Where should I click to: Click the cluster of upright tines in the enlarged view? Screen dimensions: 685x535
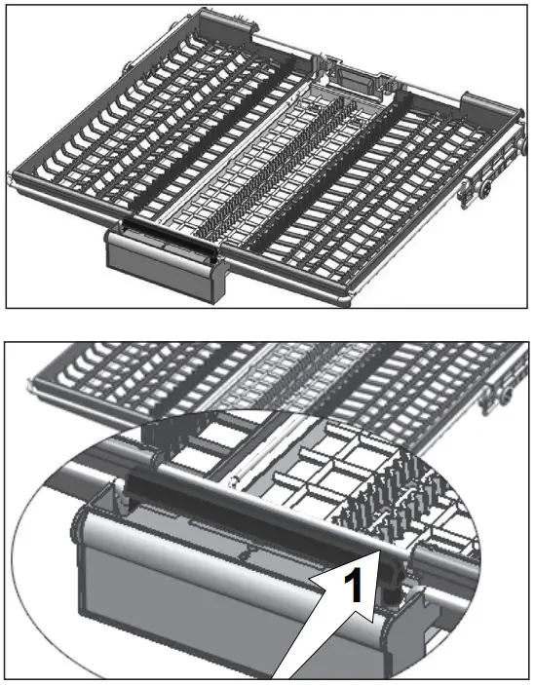pyautogui.click(x=390, y=487)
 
